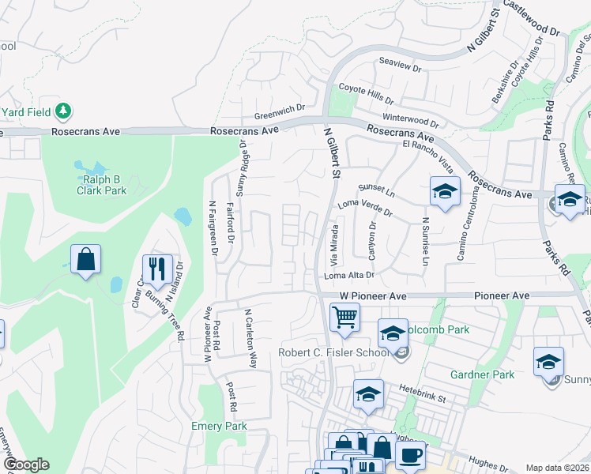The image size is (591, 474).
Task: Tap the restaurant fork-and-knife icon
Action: [x=157, y=269]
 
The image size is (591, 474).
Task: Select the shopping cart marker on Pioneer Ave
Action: [x=344, y=318]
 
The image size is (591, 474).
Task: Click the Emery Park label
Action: [x=219, y=426]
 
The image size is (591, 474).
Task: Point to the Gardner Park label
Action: [x=482, y=374]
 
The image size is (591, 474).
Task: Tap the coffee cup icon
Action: [x=410, y=456]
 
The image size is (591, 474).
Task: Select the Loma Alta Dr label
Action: [x=348, y=275]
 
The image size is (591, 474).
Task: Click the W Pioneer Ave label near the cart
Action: [x=373, y=295]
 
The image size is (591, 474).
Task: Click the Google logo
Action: [x=25, y=465]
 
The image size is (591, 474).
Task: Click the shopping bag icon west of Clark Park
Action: [x=85, y=260]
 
